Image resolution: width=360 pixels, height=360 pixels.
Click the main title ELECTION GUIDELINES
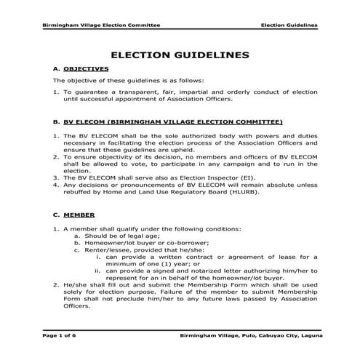click(180, 55)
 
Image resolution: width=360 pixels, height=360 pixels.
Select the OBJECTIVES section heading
click(81, 68)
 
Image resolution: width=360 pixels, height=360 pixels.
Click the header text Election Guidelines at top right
click(289, 24)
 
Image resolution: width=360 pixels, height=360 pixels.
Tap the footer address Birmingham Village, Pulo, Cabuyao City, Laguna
click(249, 336)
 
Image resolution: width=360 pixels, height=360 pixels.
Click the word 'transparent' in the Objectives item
click(133, 92)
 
